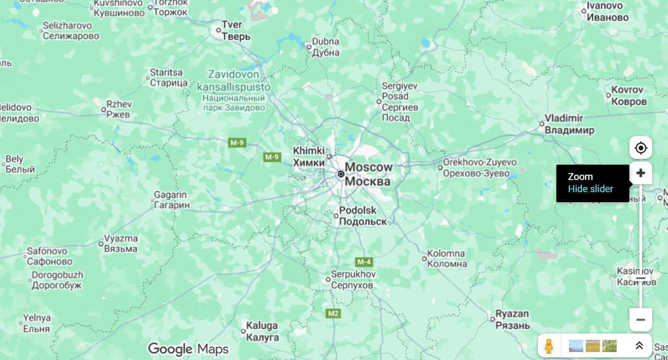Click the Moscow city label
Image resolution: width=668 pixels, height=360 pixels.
(x=368, y=174)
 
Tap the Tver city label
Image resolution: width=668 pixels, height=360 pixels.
(x=232, y=30)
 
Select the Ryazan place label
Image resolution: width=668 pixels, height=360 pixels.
(x=512, y=319)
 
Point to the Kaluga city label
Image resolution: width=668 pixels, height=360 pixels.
(x=262, y=331)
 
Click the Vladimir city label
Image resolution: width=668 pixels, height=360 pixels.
(x=570, y=124)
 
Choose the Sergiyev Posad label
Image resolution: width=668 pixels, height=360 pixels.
(x=400, y=101)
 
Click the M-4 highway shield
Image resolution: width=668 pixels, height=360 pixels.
(x=364, y=262)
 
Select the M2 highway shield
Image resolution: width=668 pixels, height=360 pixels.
(x=333, y=313)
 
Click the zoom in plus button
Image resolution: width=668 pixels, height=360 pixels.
(x=640, y=173)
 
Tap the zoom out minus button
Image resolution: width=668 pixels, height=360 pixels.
(x=640, y=320)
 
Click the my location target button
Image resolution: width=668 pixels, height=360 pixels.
(x=640, y=148)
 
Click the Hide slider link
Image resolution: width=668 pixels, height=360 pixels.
(x=590, y=189)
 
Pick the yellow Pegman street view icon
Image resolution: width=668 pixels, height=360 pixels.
(x=549, y=346)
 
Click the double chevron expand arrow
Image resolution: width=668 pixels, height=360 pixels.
(x=639, y=346)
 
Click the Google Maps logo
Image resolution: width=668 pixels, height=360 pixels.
(x=188, y=349)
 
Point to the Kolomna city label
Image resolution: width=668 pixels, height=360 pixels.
(x=446, y=259)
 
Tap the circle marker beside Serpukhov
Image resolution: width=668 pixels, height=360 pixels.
(x=328, y=280)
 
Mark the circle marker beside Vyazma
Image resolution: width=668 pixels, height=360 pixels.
(x=101, y=244)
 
